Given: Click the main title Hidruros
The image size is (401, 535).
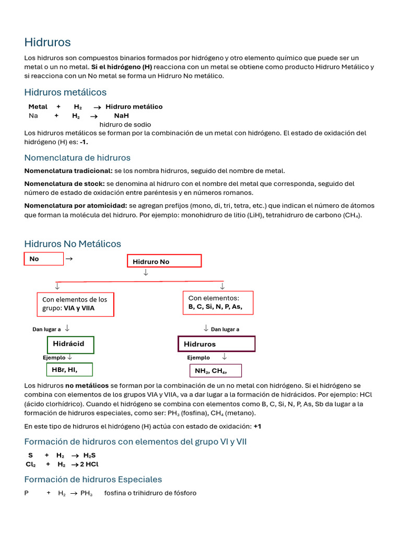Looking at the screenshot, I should click(x=48, y=42).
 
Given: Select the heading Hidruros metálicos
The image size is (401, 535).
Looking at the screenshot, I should click(x=65, y=92).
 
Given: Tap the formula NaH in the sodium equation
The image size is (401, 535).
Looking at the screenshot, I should click(x=121, y=115).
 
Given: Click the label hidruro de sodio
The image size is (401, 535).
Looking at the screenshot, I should click(x=125, y=124).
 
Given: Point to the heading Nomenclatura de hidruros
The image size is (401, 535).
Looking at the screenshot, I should click(x=77, y=158).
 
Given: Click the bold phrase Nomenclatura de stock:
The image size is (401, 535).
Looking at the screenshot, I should click(x=65, y=183).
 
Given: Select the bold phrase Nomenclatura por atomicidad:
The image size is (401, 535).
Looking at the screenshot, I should click(x=76, y=205).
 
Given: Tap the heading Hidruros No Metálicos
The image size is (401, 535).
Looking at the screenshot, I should click(x=73, y=244).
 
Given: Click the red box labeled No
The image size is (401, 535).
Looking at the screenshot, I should click(x=44, y=259).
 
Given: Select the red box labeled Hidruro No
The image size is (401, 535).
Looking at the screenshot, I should click(x=164, y=261).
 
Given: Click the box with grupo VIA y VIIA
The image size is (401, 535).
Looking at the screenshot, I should click(x=76, y=304).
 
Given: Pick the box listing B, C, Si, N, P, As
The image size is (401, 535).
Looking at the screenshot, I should click(x=218, y=303).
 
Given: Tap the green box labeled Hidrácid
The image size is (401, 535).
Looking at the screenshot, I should click(x=70, y=344).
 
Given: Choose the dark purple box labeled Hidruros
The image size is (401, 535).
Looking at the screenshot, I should click(x=216, y=344).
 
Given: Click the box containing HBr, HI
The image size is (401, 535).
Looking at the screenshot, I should click(x=69, y=369).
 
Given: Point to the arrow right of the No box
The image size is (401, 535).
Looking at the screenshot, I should click(x=69, y=258).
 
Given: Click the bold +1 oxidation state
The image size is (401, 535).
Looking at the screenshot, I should click(x=257, y=426).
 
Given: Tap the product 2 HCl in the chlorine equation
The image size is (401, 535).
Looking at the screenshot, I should click(x=89, y=464).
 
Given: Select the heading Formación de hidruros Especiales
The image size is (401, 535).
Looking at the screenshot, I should click(x=93, y=480).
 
